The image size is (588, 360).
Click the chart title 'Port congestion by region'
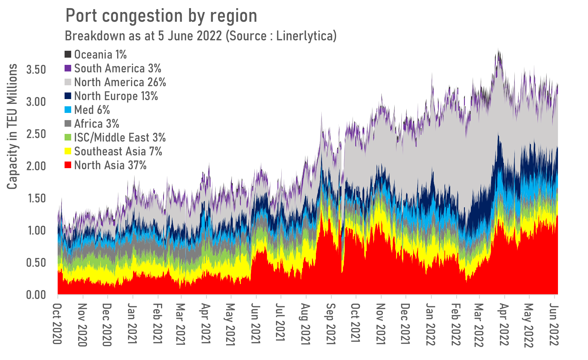click(161, 16)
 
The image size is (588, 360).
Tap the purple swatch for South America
click(68, 68)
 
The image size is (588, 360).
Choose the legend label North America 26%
click(120, 82)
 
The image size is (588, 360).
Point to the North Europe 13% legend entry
click(116, 96)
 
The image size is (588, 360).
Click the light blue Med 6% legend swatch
click(68, 110)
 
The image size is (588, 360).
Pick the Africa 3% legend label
click(96, 124)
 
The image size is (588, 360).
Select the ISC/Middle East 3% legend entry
click(120, 138)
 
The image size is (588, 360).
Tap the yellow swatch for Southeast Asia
click(68, 151)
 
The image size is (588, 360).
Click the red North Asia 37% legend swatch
click(68, 165)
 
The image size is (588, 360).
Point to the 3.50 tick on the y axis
click(36, 70)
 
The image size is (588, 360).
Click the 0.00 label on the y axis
click(36, 295)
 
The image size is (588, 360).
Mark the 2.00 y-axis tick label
click(36, 166)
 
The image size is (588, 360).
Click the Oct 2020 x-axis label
click(57, 324)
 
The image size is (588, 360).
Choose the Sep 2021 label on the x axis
click(330, 324)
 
